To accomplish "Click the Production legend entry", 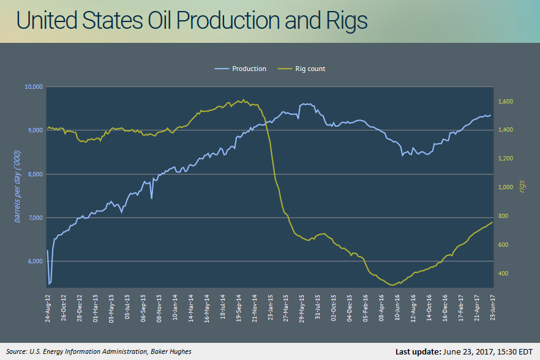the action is point(241,69).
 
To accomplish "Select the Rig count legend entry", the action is point(301,69).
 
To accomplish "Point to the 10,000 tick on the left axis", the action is point(34,87).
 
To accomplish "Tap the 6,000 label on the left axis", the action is point(35,261).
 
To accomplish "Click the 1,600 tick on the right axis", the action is point(506,101).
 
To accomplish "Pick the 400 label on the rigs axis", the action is point(503,274).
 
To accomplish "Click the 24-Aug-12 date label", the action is point(48,309).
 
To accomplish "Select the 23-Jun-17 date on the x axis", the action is point(492,307).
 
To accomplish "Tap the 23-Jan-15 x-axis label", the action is point(271,307).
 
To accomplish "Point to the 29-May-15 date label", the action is point(302,309).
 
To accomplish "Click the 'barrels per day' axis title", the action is point(17,186).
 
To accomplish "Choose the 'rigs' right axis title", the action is point(522,186).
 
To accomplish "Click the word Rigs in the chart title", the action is point(347,21).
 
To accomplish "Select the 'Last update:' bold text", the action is point(418,351).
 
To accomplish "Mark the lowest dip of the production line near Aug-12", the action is point(49,284).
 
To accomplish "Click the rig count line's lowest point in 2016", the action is point(392,285).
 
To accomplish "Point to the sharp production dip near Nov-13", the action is point(152,198).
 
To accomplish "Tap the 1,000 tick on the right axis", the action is point(506,187).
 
